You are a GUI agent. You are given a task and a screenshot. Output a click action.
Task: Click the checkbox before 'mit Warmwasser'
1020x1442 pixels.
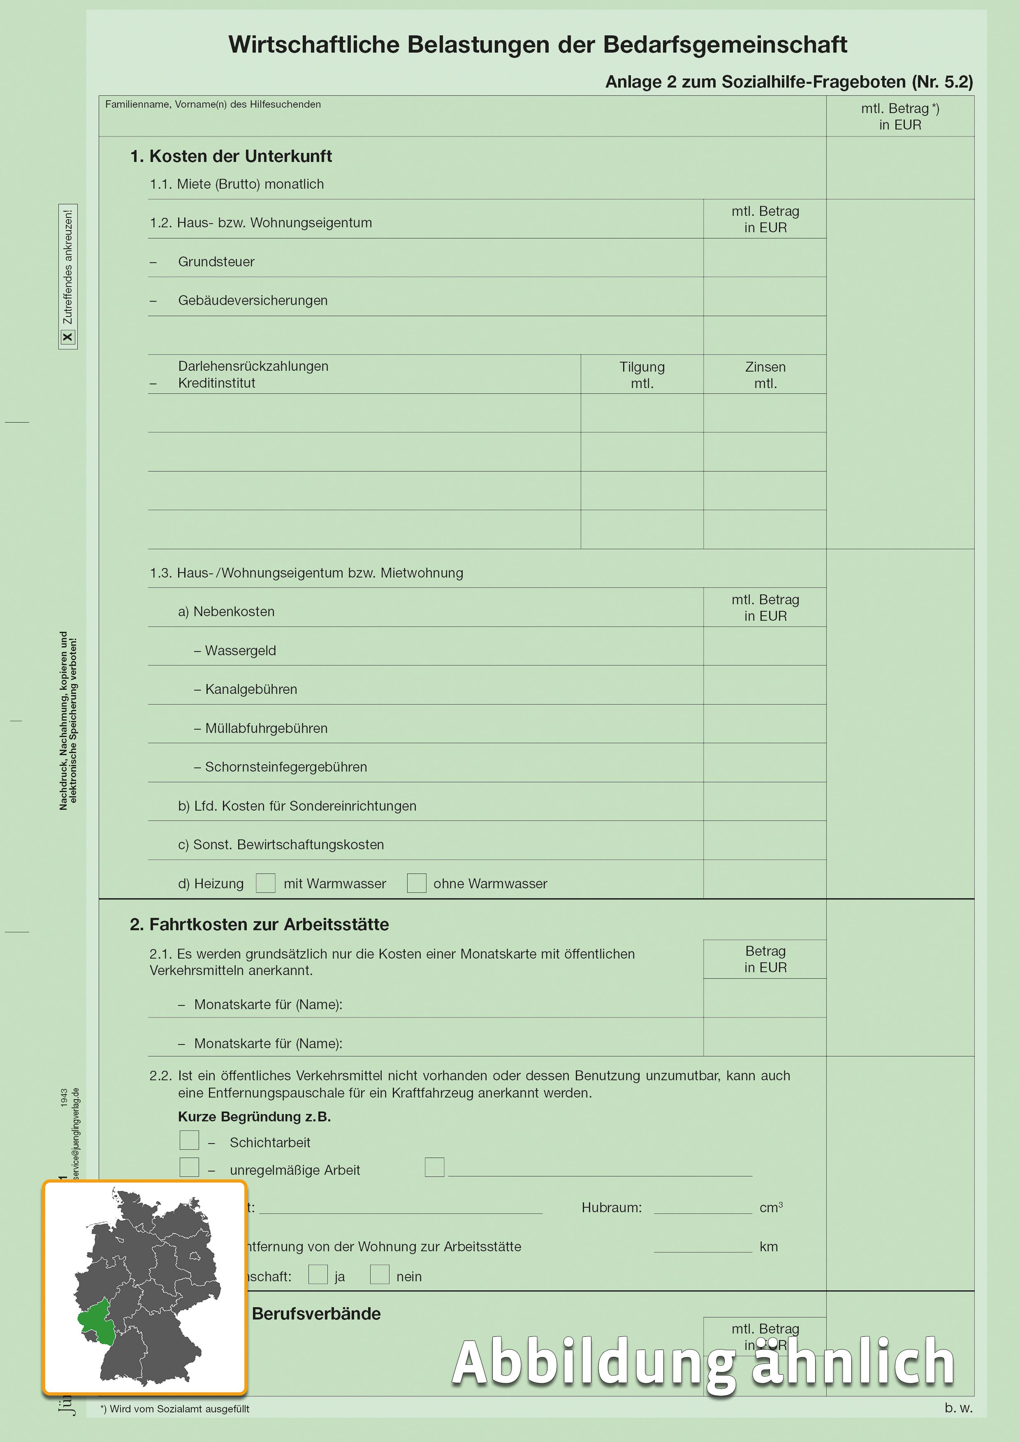266,883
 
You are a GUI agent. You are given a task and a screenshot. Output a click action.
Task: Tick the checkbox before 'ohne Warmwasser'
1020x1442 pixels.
416,883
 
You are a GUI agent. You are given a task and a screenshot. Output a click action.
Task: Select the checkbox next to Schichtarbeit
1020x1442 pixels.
189,1139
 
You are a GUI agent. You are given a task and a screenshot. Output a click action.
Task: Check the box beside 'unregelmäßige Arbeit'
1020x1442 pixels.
189,1167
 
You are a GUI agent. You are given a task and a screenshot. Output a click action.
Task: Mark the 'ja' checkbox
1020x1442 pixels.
318,1274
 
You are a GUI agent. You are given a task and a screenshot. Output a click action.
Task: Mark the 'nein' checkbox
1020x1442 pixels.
380,1274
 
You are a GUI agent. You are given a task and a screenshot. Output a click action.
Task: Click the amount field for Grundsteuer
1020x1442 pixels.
764,258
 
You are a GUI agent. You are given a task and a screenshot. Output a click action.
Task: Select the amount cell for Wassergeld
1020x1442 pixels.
764,646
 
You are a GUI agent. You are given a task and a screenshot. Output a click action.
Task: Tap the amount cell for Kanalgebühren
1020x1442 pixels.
764,685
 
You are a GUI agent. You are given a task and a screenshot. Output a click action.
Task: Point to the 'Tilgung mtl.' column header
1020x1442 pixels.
642,375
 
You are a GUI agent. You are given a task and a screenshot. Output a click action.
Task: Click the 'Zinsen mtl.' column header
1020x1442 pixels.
765,375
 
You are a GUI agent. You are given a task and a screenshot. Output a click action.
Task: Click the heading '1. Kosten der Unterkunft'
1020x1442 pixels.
231,156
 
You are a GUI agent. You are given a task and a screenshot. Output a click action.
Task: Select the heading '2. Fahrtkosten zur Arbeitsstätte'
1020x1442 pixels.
259,924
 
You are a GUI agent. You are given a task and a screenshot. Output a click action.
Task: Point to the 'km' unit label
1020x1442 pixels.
768,1246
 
